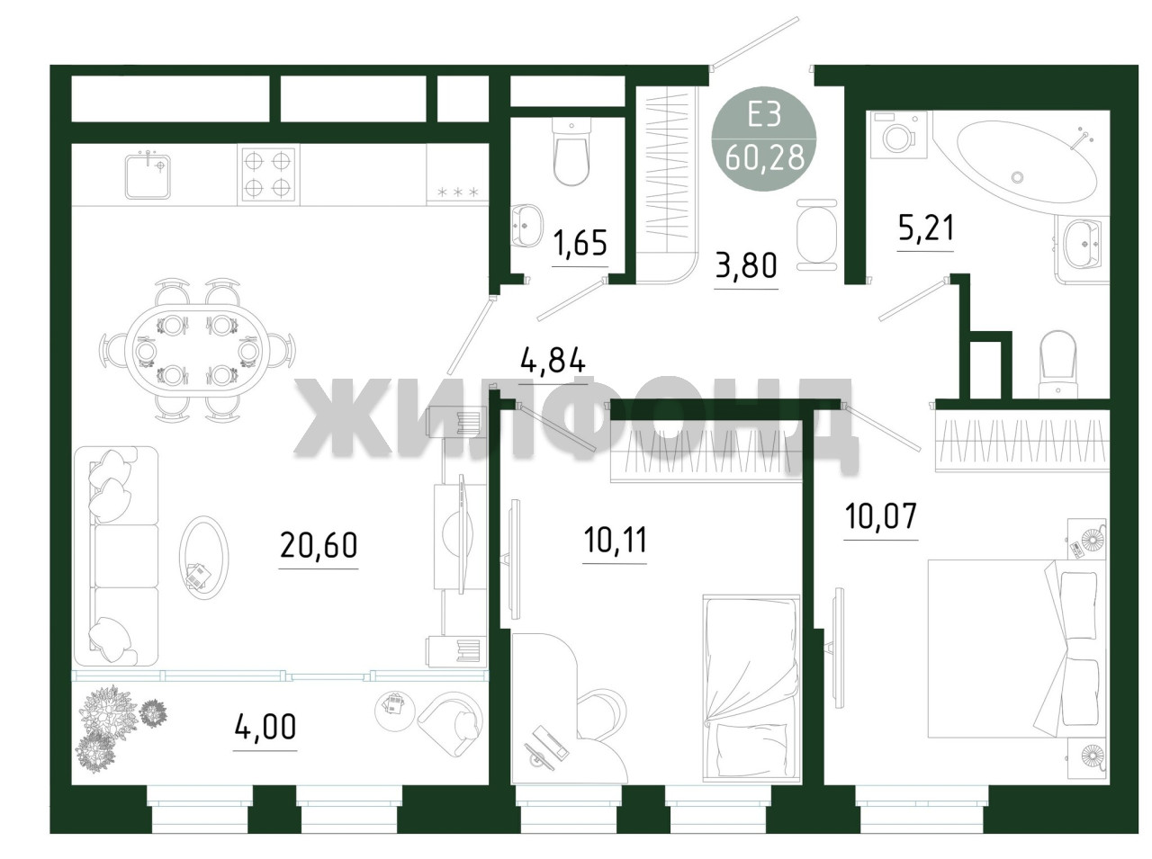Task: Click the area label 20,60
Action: [319, 544]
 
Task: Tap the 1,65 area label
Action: [580, 243]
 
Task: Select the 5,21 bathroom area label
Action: [925, 228]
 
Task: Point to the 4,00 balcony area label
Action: [265, 727]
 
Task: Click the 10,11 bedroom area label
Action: [615, 541]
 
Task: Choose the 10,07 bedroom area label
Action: [881, 516]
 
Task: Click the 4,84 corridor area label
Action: [552, 361]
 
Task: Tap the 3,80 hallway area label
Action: [746, 265]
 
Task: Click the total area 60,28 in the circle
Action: [763, 157]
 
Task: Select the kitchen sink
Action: [148, 175]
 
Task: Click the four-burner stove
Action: [267, 174]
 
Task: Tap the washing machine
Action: [899, 134]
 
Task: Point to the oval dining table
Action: [197, 350]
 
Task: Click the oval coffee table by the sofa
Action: [203, 558]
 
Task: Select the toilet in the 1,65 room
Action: [571, 151]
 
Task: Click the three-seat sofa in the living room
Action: [116, 557]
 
